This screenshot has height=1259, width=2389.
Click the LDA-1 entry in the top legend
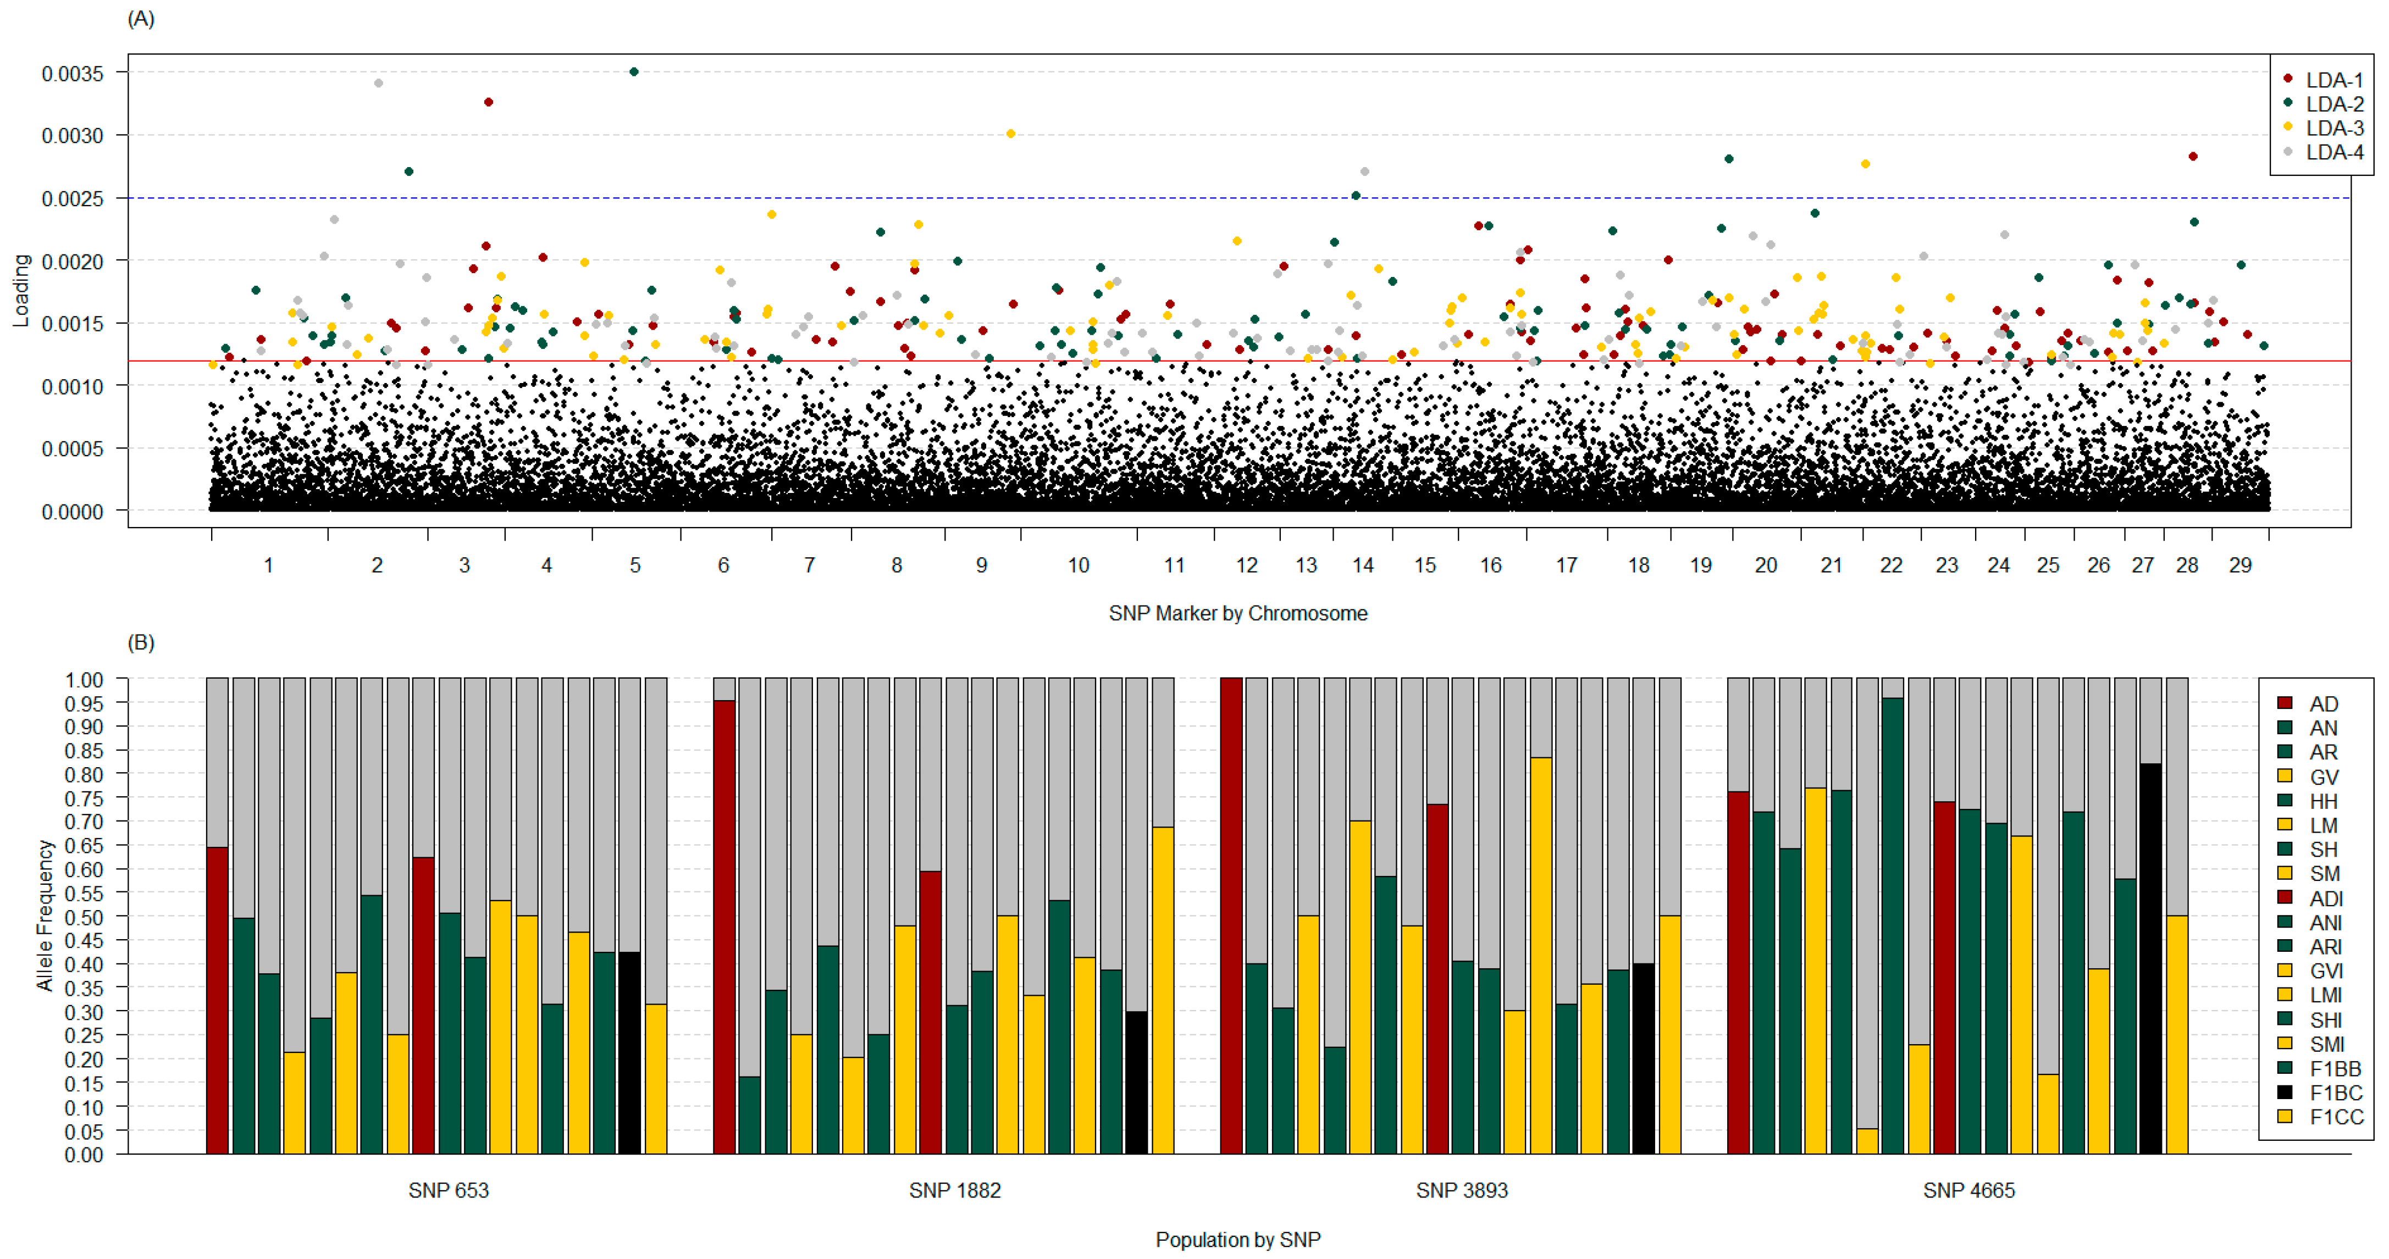[x=2334, y=80]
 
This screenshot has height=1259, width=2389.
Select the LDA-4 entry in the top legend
[x=2334, y=152]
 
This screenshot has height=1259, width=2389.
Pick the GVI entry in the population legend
[x=2325, y=970]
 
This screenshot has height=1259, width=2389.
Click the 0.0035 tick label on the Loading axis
[x=73, y=73]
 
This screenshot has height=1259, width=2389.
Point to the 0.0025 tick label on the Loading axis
[x=73, y=198]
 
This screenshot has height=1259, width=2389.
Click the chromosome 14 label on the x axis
[x=1362, y=565]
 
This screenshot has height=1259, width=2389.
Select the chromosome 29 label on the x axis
[x=2239, y=565]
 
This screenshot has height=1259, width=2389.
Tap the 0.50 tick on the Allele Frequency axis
[x=84, y=917]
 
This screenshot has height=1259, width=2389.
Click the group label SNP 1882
[x=954, y=1190]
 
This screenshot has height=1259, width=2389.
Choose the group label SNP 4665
[x=1968, y=1190]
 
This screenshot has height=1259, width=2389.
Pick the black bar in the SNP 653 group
[x=629, y=1053]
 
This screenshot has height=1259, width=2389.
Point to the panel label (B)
[x=141, y=642]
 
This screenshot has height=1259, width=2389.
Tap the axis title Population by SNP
[x=1237, y=1240]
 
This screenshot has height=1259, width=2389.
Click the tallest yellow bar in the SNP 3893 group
[x=1540, y=955]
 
